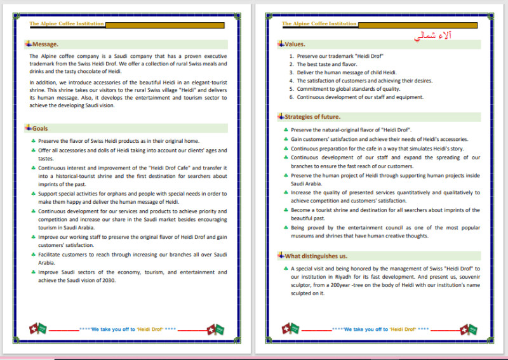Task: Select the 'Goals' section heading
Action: (x=40, y=128)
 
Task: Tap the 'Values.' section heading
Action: (x=295, y=44)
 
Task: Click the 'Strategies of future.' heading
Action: (x=312, y=117)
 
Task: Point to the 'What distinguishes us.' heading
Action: (x=316, y=256)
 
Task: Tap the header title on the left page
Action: (x=67, y=23)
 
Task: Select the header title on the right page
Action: (x=319, y=23)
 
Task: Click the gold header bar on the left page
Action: (x=164, y=25)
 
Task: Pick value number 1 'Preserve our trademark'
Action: (x=340, y=56)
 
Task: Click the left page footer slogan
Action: (x=127, y=330)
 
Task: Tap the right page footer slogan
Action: (x=380, y=330)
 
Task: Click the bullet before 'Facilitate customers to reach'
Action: (x=33, y=254)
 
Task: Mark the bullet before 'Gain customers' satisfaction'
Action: (x=286, y=139)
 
